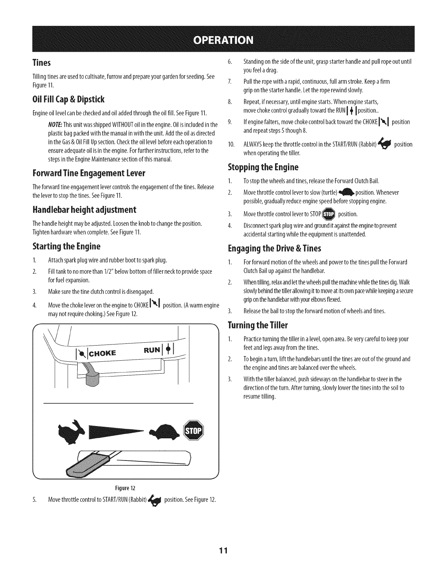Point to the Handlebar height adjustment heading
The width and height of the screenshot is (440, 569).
tap(79, 210)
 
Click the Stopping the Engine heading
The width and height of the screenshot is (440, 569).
tap(263, 167)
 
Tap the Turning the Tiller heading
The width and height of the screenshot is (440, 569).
tap(258, 325)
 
